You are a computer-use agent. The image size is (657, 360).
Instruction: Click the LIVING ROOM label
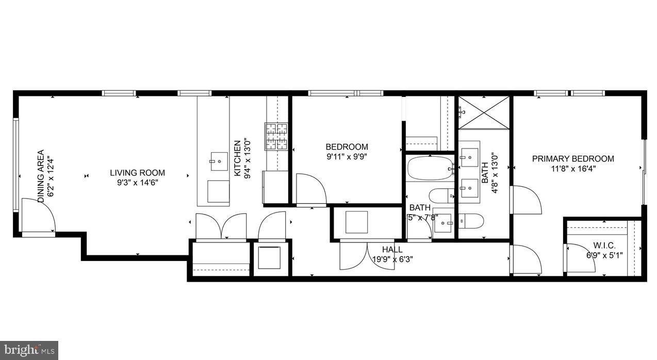point(137,173)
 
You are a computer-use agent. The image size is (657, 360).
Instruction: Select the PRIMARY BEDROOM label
point(573,159)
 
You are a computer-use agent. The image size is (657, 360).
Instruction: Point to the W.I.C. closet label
point(604,246)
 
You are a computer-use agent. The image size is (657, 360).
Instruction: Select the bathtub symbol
point(430,168)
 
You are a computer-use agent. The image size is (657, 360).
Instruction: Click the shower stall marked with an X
point(484,112)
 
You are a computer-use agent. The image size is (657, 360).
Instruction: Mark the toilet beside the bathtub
point(441,195)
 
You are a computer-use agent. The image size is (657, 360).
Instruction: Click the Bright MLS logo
point(29,351)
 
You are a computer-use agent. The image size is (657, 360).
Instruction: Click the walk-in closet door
point(580,258)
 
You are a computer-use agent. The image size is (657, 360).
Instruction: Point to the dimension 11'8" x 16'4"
point(573,168)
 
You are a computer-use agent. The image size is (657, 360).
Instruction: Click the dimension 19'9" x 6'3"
point(392,259)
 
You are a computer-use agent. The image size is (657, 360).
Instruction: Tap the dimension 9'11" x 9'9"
point(347,156)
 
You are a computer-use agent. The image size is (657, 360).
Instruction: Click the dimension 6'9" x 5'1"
point(604,255)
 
